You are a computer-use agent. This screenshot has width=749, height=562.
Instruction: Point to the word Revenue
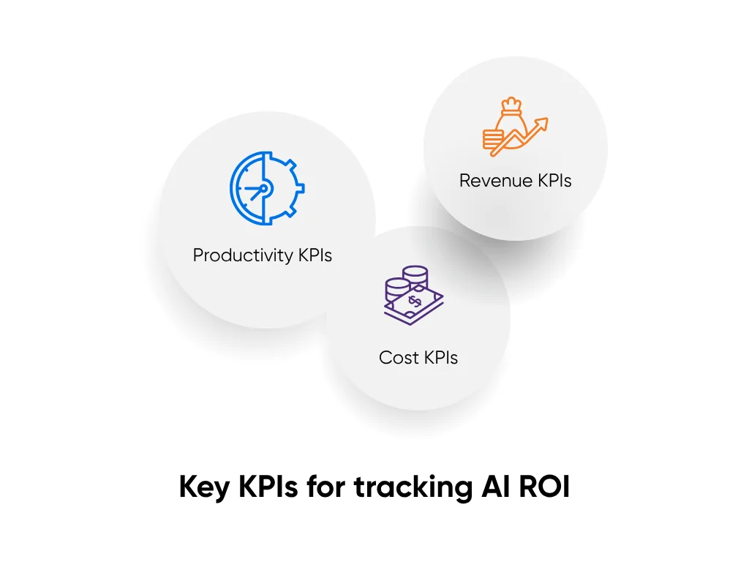pyautogui.click(x=489, y=180)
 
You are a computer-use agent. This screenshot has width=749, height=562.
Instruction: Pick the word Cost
pyautogui.click(x=399, y=358)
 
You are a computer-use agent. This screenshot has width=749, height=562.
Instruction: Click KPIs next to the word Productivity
pyautogui.click(x=315, y=255)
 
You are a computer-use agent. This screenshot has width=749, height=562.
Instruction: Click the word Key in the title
pyautogui.click(x=204, y=487)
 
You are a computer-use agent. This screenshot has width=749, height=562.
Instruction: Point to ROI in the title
pyautogui.click(x=542, y=487)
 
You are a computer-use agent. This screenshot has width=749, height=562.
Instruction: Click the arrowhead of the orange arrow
pyautogui.click(x=542, y=125)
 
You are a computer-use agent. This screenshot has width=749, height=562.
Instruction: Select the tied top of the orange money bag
pyautogui.click(x=510, y=105)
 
